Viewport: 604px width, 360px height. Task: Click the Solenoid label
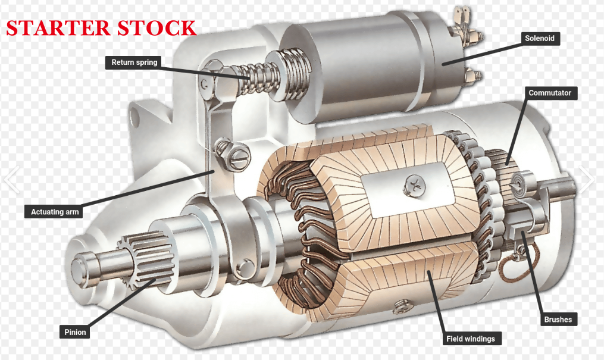pyautogui.click(x=540, y=38)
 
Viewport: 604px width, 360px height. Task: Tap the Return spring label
pyautogui.click(x=134, y=62)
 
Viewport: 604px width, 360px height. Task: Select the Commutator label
pyautogui.click(x=550, y=93)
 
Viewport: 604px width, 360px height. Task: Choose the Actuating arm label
pyautogui.click(x=54, y=212)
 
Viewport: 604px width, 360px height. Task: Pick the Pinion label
pyautogui.click(x=75, y=332)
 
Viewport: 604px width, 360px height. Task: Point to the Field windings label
pyautogui.click(x=470, y=339)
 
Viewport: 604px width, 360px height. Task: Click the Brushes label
pyautogui.click(x=558, y=319)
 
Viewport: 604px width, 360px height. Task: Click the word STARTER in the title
pyautogui.click(x=58, y=28)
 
